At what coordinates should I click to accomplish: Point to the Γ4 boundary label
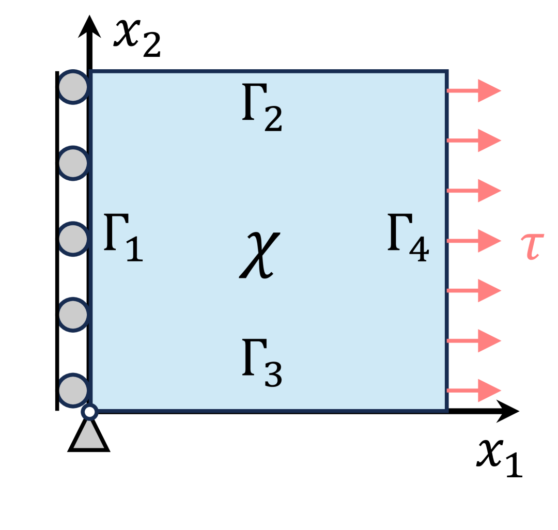pyautogui.click(x=408, y=239)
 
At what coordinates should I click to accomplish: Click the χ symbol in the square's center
pyautogui.click(x=260, y=255)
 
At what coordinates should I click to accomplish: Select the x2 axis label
pyautogui.click(x=137, y=38)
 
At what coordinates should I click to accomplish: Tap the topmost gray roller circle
pyautogui.click(x=73, y=87)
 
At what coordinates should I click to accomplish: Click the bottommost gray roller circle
pyautogui.click(x=73, y=391)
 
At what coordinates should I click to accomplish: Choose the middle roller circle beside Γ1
pyautogui.click(x=73, y=239)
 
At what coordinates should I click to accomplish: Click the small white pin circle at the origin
pyautogui.click(x=90, y=412)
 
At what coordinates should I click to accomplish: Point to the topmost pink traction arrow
pyautogui.click(x=474, y=90)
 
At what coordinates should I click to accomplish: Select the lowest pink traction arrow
pyautogui.click(x=474, y=390)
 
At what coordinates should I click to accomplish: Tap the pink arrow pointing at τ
pyautogui.click(x=474, y=241)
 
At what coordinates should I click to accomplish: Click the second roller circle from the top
pyautogui.click(x=73, y=163)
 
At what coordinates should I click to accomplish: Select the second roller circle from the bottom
pyautogui.click(x=73, y=314)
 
